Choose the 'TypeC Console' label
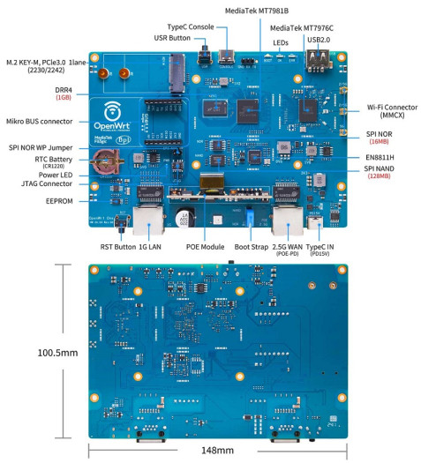191,27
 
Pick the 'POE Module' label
205,247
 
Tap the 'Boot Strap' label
254,247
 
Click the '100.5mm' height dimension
32,352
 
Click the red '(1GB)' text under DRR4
64,98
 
